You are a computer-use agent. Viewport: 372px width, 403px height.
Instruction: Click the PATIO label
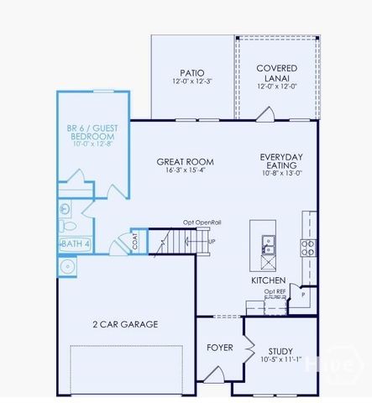[x=192, y=72]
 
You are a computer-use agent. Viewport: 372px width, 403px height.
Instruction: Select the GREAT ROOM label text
[x=185, y=162]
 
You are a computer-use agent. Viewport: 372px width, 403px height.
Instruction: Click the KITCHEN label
[x=268, y=280]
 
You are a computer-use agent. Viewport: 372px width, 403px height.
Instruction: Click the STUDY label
[x=280, y=351]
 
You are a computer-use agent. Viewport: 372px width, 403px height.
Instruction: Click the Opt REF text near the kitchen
[x=275, y=291]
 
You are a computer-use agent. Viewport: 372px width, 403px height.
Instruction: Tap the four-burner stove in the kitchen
[x=308, y=247]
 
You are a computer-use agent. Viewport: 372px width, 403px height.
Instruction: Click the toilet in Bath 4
[x=69, y=226]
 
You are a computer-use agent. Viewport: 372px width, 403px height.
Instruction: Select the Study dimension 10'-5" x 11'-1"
[x=280, y=360]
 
